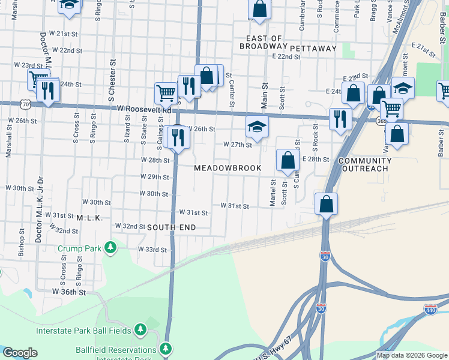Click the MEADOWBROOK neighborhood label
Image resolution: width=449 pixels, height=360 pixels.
228,168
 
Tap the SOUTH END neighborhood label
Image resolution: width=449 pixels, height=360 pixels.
171,227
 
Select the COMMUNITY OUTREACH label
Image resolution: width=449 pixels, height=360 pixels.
365,165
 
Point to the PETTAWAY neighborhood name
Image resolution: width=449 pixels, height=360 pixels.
313,47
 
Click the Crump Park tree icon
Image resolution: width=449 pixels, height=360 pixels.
110,247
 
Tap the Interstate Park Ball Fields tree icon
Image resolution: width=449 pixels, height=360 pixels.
140,329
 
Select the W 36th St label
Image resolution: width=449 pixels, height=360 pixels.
69,291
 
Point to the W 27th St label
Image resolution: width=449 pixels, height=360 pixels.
237,145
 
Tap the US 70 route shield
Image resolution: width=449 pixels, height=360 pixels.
26,104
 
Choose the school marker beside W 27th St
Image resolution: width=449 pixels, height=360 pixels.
257,127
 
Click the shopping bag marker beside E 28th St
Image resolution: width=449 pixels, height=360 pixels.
288,160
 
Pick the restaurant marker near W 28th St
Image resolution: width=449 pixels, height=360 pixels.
178,137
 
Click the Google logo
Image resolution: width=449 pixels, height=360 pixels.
20,353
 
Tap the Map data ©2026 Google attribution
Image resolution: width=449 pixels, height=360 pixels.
412,355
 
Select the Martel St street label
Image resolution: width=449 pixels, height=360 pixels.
273,193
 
